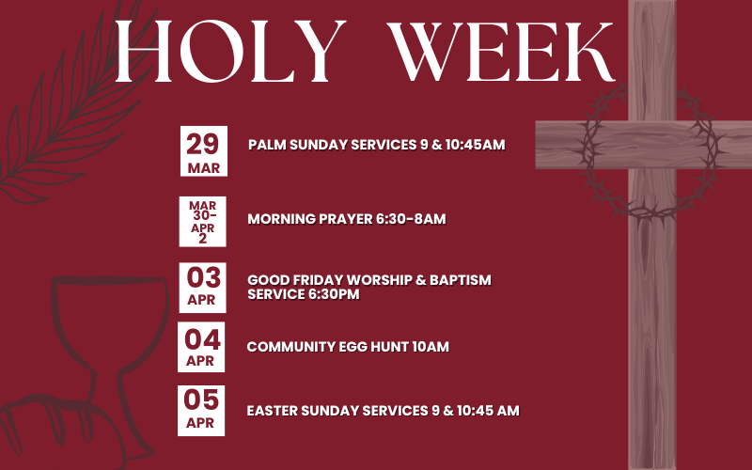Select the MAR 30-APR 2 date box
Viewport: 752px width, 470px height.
point(202,220)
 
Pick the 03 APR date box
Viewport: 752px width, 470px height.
point(202,286)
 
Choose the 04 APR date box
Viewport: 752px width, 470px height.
point(202,347)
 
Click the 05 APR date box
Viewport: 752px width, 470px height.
point(202,410)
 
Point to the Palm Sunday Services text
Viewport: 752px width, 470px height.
point(377,145)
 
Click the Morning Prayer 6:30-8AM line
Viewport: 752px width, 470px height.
point(346,219)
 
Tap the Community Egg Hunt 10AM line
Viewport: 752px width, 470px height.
point(348,347)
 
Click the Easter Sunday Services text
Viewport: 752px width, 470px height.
point(383,411)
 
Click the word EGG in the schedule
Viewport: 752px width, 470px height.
point(347,347)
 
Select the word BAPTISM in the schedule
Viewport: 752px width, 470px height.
point(459,280)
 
